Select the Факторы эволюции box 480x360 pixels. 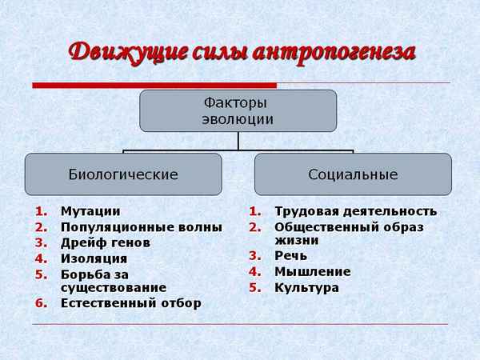[238, 111]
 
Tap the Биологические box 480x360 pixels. [123, 174]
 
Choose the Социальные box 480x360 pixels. [352, 174]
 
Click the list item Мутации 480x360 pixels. [90, 212]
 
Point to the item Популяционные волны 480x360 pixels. [141, 227]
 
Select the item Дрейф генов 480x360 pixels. [105, 242]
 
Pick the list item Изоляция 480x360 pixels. [94, 258]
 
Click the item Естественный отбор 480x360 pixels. [130, 303]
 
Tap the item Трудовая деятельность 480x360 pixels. [355, 212]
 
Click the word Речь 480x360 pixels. [290, 257]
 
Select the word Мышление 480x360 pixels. [312, 272]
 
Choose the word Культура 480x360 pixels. [306, 287]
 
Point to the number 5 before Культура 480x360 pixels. [254, 287]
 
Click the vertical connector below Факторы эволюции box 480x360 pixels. [238, 141]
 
